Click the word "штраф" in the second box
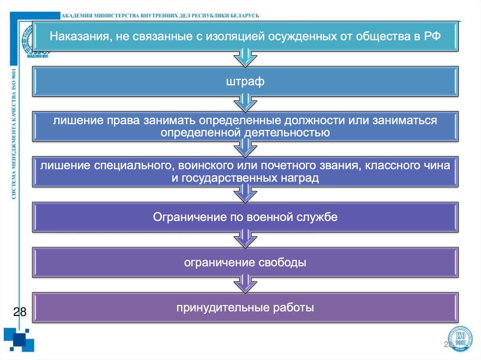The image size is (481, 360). click(245, 82)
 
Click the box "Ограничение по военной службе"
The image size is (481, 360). click(245, 217)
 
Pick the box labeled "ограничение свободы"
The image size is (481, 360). click(245, 262)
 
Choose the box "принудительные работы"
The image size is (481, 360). click(245, 308)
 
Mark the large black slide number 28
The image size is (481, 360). click(19, 312)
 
